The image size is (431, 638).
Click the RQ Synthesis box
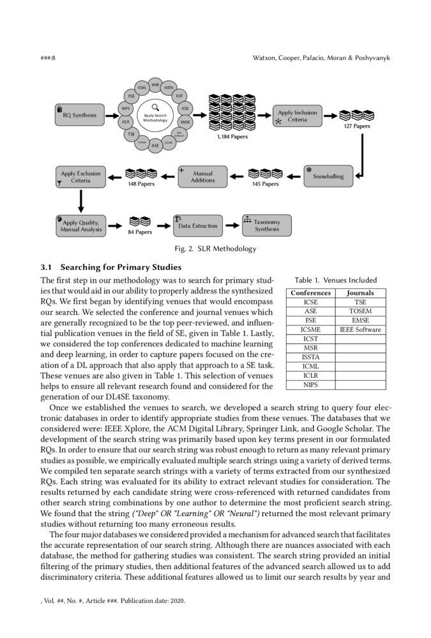point(79,115)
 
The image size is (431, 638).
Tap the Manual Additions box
point(202,177)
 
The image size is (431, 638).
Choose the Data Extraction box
point(197,225)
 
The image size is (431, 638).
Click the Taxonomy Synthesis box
point(267,225)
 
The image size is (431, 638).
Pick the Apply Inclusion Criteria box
point(297,115)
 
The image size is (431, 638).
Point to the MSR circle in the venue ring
point(155,85)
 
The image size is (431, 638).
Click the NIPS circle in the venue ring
point(126,108)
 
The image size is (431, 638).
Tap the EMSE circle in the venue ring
point(185,121)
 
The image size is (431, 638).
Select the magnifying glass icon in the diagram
point(155,107)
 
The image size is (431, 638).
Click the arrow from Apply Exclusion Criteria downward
point(80,200)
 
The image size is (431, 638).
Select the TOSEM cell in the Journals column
point(360,311)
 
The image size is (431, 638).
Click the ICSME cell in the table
point(311,330)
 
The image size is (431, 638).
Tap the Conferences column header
point(311,293)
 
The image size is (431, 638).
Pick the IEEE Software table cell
point(360,330)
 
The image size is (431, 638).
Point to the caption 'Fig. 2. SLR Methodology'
point(215,249)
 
